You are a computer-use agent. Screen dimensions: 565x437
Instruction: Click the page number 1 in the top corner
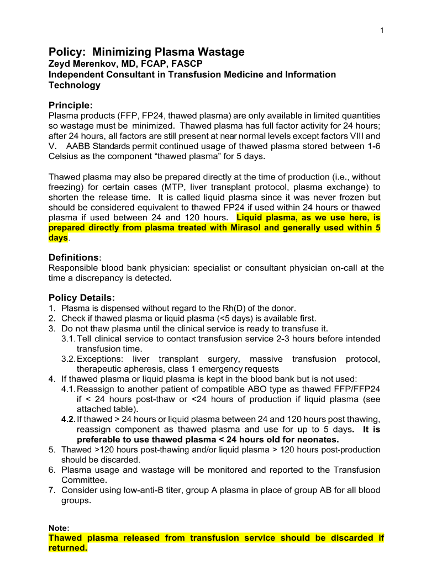[382, 30]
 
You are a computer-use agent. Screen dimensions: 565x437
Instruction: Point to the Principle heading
[69, 105]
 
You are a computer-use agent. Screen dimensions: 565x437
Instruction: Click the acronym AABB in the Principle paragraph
[77, 146]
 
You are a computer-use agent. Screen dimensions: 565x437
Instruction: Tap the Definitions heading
[73, 257]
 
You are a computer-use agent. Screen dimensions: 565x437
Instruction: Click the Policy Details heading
[81, 298]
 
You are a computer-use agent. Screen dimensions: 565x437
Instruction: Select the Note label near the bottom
[58, 528]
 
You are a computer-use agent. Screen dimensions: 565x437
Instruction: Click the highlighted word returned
[67, 548]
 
